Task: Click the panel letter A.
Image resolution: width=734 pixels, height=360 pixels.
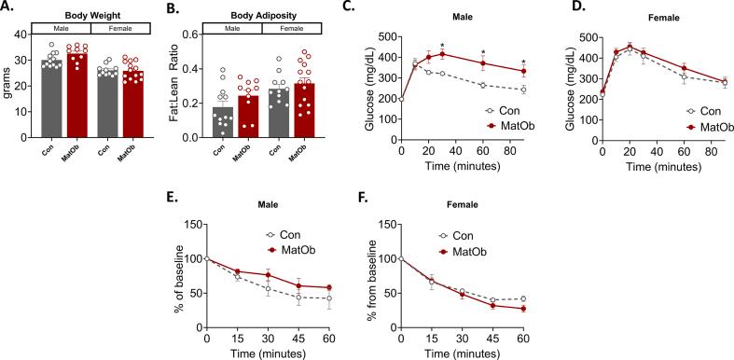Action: pyautogui.click(x=7, y=8)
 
